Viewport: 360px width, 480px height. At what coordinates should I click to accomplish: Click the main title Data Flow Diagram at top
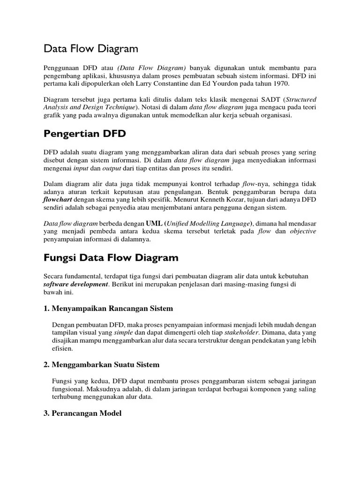(91, 49)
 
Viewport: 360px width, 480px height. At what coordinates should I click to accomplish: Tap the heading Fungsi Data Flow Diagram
(111, 257)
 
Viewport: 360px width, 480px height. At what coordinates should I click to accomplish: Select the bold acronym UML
(154, 223)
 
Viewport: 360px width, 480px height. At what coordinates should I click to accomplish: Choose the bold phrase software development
(75, 284)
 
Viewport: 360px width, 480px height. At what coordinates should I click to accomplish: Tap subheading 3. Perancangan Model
(82, 413)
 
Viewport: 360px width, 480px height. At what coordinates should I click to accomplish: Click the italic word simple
(123, 333)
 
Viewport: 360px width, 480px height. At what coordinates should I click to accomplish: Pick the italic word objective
(303, 231)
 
